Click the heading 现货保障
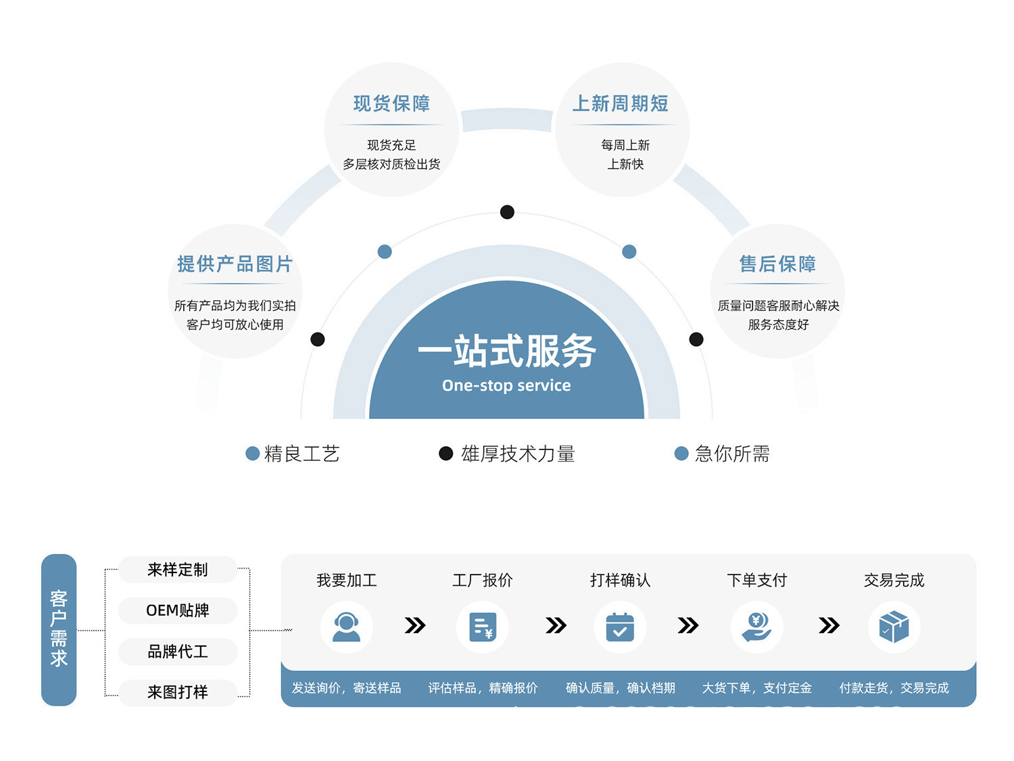(x=391, y=103)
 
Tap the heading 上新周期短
(x=620, y=103)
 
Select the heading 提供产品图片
(x=235, y=264)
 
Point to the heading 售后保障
(x=777, y=264)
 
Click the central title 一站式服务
(x=506, y=351)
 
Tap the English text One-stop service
(x=506, y=385)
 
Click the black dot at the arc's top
(x=507, y=212)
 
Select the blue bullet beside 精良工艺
(x=252, y=453)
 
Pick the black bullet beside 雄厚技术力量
(x=445, y=453)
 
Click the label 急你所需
(x=732, y=453)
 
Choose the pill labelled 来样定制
(x=177, y=570)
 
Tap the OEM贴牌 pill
(x=177, y=610)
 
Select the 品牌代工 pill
(x=177, y=652)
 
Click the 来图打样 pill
(x=177, y=692)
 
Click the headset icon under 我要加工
(x=346, y=627)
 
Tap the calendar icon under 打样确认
(x=620, y=627)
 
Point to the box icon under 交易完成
(x=894, y=627)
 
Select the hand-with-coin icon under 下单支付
(x=756, y=627)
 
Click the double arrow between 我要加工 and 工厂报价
(x=415, y=626)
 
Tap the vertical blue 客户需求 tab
(x=59, y=629)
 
